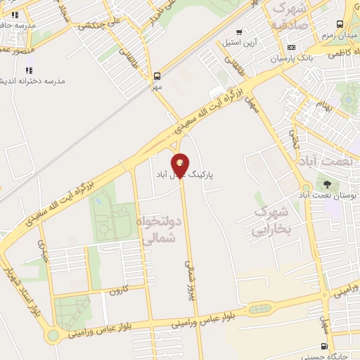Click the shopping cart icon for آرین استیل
(x=240, y=32)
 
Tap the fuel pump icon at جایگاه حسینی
(x=323, y=345)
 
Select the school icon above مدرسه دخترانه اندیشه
(x=29, y=70)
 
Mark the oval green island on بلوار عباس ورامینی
(x=257, y=309)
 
